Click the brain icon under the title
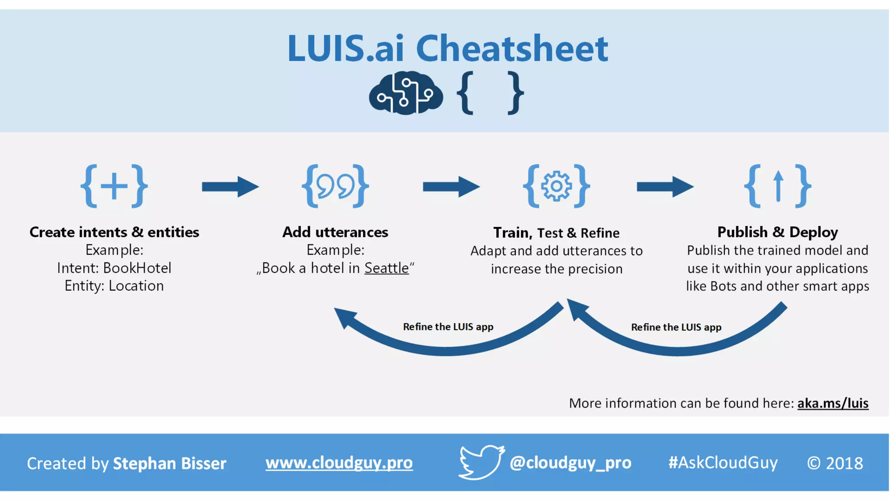pos(405,93)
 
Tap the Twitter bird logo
pos(481,462)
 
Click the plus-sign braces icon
pos(114,186)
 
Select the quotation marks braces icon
pos(335,186)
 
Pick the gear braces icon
pos(556,186)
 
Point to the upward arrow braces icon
pos(777,186)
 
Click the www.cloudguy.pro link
pos(339,463)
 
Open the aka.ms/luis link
pos(833,403)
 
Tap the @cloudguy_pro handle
pos(570,463)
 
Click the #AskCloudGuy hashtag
pos(723,463)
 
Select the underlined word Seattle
pos(386,268)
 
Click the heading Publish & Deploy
pos(777,232)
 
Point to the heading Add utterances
pos(335,232)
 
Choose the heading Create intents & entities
pos(114,232)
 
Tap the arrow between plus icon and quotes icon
pos(230,187)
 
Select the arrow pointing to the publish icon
pos(665,187)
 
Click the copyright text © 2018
pos(835,463)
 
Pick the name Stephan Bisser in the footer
pos(169,463)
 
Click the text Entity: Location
pos(114,286)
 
